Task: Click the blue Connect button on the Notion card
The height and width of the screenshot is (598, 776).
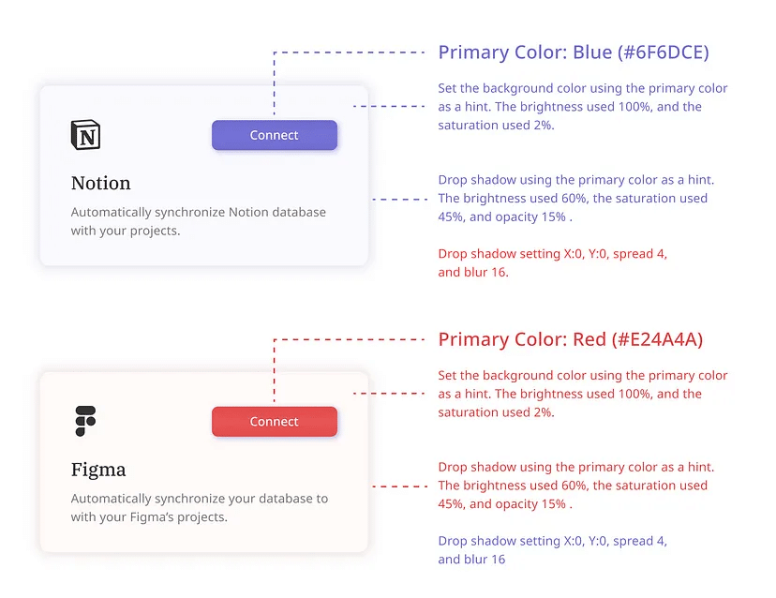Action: point(275,135)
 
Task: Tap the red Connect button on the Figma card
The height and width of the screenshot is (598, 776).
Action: point(275,421)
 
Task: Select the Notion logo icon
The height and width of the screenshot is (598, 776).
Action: point(85,135)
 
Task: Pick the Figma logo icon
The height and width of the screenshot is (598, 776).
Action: point(85,421)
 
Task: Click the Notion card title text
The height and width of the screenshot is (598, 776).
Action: point(101,183)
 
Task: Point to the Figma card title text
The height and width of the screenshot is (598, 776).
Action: point(98,470)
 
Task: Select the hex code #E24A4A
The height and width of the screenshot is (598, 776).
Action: point(657,339)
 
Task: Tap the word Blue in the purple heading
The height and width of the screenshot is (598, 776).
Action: point(592,52)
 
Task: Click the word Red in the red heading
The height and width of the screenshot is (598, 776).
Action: point(589,339)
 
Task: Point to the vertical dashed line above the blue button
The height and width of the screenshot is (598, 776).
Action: point(275,82)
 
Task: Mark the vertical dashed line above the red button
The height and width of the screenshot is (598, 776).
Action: point(275,370)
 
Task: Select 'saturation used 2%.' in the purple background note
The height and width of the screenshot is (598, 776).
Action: point(496,126)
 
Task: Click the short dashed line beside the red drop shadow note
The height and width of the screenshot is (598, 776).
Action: point(400,486)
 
